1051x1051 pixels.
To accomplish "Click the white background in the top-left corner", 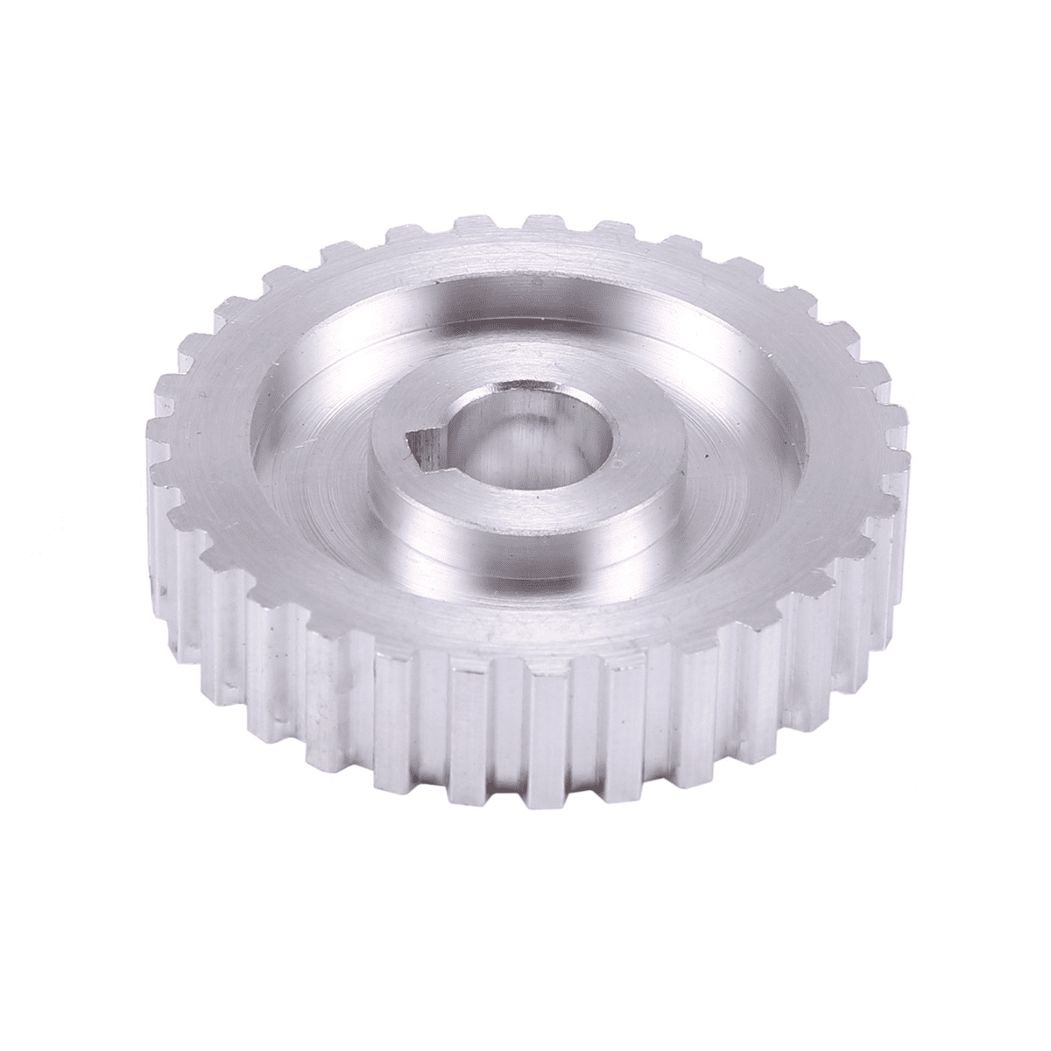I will (x=53, y=53).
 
